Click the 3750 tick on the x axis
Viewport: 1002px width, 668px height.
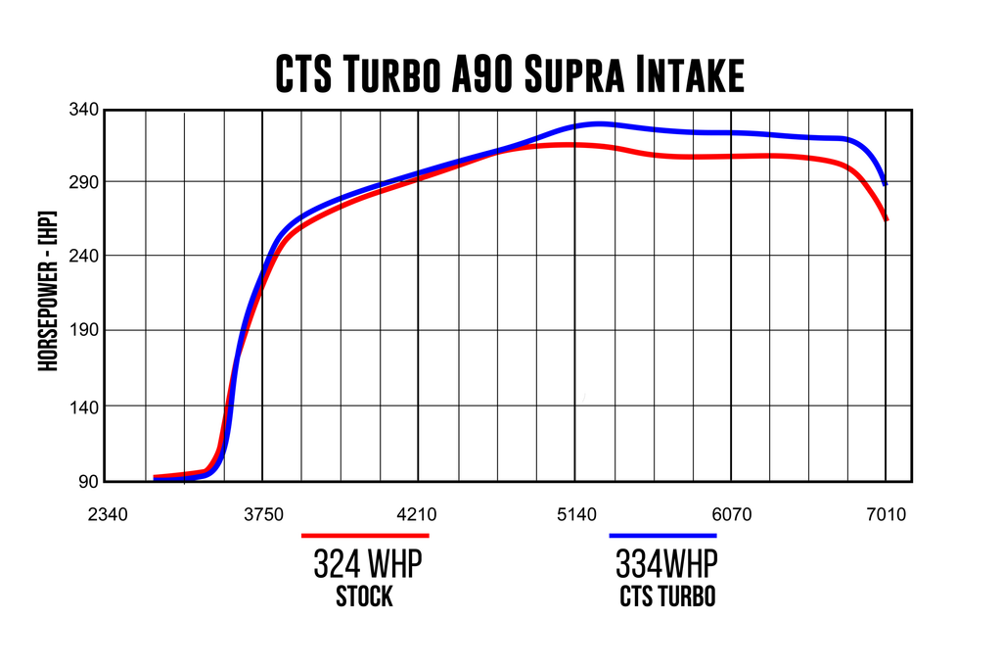pyautogui.click(x=262, y=513)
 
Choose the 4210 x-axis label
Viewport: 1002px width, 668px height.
pyautogui.click(x=418, y=513)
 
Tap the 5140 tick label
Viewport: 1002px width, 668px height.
pyautogui.click(x=574, y=513)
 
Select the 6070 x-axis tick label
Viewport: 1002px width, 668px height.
pyautogui.click(x=730, y=513)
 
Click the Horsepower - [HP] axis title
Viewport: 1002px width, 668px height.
pyautogui.click(x=45, y=291)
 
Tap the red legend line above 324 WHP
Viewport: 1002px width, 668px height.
pyautogui.click(x=365, y=536)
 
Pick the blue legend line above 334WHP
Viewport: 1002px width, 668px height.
pyautogui.click(x=663, y=536)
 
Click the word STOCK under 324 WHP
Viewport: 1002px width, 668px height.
pyautogui.click(x=364, y=596)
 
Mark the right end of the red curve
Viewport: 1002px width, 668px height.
pyautogui.click(x=887, y=219)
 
